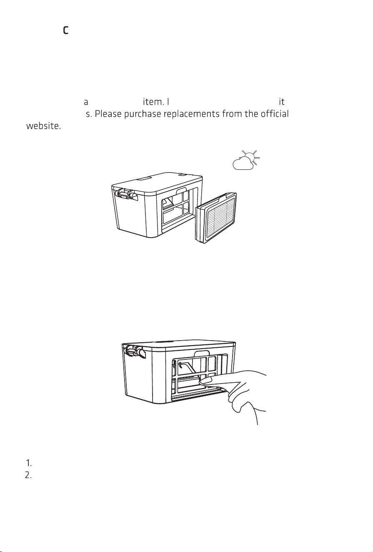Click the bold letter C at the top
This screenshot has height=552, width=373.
65,30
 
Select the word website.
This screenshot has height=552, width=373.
43,126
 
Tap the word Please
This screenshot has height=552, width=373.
108,114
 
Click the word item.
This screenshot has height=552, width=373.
153,102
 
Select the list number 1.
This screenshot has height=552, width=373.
29,464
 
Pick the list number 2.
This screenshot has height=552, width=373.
28,475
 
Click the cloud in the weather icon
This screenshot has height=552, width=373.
243,163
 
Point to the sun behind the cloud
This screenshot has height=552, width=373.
251,157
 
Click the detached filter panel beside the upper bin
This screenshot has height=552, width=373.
216,218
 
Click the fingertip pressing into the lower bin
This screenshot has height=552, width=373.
203,382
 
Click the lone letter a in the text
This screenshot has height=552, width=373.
86,102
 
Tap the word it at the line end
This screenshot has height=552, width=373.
282,102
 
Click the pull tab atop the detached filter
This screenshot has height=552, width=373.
223,196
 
